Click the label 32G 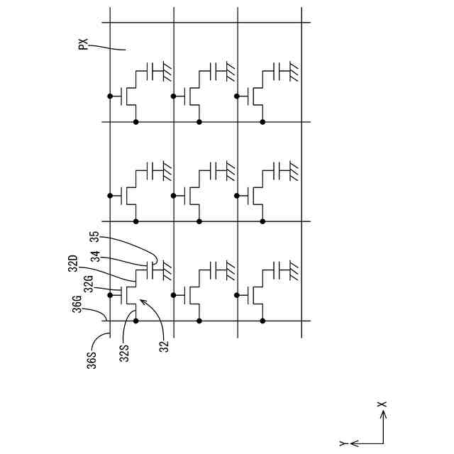click(88, 284)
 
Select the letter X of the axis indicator click(383, 405)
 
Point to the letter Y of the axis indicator click(343, 443)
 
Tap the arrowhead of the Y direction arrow click(353, 443)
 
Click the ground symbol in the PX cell click(167, 71)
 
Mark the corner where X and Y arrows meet click(383, 443)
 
